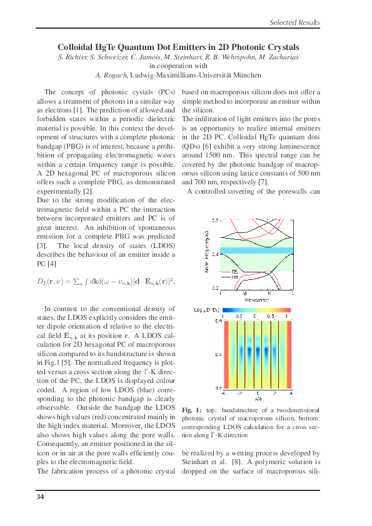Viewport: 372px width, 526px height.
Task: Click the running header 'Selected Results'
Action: (294, 22)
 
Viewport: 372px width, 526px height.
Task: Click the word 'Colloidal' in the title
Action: (78, 47)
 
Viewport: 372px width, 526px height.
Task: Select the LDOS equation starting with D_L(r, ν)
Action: (106, 282)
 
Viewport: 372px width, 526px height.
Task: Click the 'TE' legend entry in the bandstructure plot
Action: (234, 272)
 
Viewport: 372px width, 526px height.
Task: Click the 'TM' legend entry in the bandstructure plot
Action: (234, 278)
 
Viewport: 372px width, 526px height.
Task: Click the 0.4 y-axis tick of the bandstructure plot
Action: (215, 254)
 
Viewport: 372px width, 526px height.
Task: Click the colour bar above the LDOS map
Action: (257, 309)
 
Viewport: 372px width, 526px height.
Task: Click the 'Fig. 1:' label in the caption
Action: (191, 409)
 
